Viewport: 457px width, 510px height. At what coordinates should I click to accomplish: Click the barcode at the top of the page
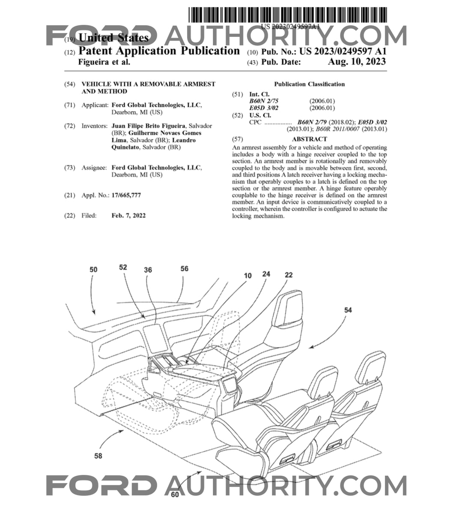288,15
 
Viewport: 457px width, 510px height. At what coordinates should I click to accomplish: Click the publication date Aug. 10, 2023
356,62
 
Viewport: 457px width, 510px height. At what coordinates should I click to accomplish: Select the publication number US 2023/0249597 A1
343,51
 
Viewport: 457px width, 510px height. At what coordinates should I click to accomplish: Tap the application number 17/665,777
126,195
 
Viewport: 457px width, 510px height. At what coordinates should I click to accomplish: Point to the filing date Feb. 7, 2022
128,216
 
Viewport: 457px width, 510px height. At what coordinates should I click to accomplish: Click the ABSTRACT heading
309,139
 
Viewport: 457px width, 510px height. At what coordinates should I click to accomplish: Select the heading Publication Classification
309,84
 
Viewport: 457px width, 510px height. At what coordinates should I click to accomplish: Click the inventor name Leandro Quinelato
153,143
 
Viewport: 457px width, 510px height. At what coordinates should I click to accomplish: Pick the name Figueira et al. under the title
104,62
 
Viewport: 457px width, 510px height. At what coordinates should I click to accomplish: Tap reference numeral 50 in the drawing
93,270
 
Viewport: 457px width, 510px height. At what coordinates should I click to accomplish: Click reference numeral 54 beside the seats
348,310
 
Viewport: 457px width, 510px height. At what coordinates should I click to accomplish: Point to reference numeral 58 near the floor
98,456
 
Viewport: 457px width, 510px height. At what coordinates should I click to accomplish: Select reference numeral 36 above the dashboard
148,270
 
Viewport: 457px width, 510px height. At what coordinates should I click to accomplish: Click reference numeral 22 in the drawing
289,275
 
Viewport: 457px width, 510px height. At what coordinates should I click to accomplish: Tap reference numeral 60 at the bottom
175,495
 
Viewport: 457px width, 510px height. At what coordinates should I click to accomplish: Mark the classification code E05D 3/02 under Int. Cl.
264,108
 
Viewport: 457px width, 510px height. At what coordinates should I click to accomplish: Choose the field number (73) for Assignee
70,168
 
